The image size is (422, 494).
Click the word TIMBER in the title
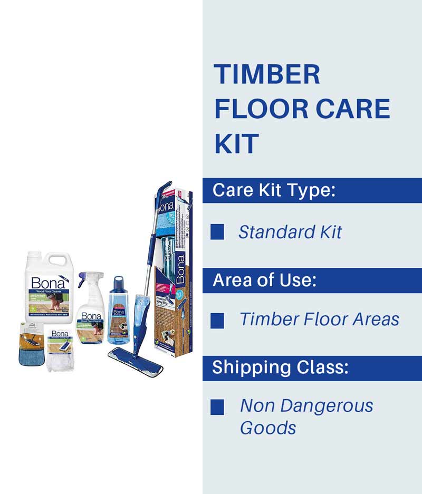point(267,74)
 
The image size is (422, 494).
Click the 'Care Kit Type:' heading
point(274,190)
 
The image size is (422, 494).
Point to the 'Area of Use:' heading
point(264,280)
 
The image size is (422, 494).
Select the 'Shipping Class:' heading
point(280,368)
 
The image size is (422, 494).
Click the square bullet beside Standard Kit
point(217,232)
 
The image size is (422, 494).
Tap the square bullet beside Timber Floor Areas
point(217,319)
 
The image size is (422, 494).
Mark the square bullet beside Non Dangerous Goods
point(217,406)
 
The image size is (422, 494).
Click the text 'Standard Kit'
point(290,232)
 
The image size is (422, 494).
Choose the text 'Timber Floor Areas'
point(319,319)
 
